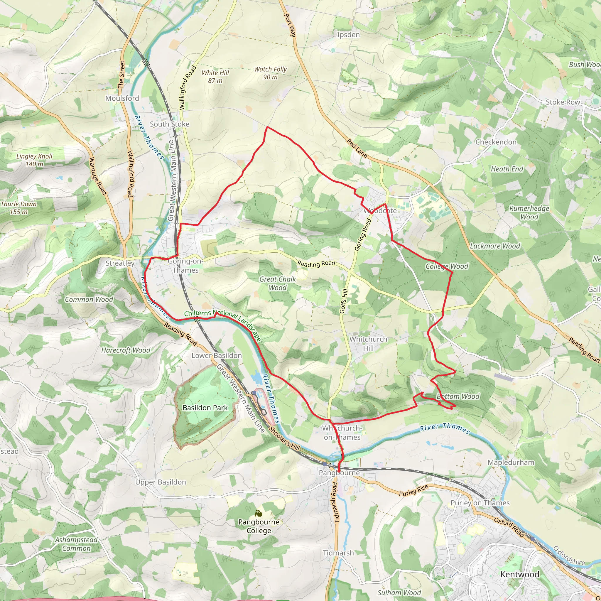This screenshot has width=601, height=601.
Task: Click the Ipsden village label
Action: [x=348, y=35]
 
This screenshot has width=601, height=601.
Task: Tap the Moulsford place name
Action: [x=122, y=98]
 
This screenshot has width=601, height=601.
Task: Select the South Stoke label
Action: [x=170, y=124]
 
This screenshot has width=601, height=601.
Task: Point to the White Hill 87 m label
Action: [x=215, y=77]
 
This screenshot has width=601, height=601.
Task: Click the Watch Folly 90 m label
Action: [x=270, y=73]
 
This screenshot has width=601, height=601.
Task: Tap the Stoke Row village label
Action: [x=563, y=102]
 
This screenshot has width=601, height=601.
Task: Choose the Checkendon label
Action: [x=496, y=142]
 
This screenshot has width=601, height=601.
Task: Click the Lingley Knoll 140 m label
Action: [x=34, y=160]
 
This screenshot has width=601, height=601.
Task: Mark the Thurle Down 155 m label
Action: [x=19, y=208]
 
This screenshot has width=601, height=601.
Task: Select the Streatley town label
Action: [x=120, y=263]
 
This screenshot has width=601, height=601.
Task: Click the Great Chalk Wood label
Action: [x=278, y=283]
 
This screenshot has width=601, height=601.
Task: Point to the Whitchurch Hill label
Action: [x=368, y=343]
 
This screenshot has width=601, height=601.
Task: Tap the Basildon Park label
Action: [x=205, y=408]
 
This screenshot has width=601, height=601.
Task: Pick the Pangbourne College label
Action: [x=259, y=526]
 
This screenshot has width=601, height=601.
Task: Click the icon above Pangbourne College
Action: [x=258, y=513]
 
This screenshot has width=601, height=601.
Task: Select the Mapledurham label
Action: [x=511, y=462]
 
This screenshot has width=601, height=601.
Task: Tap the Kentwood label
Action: [x=519, y=574]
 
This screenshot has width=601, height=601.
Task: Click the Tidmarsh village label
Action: [x=338, y=553]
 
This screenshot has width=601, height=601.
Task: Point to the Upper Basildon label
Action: [x=161, y=482]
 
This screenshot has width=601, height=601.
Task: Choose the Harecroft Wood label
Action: [x=126, y=350]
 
